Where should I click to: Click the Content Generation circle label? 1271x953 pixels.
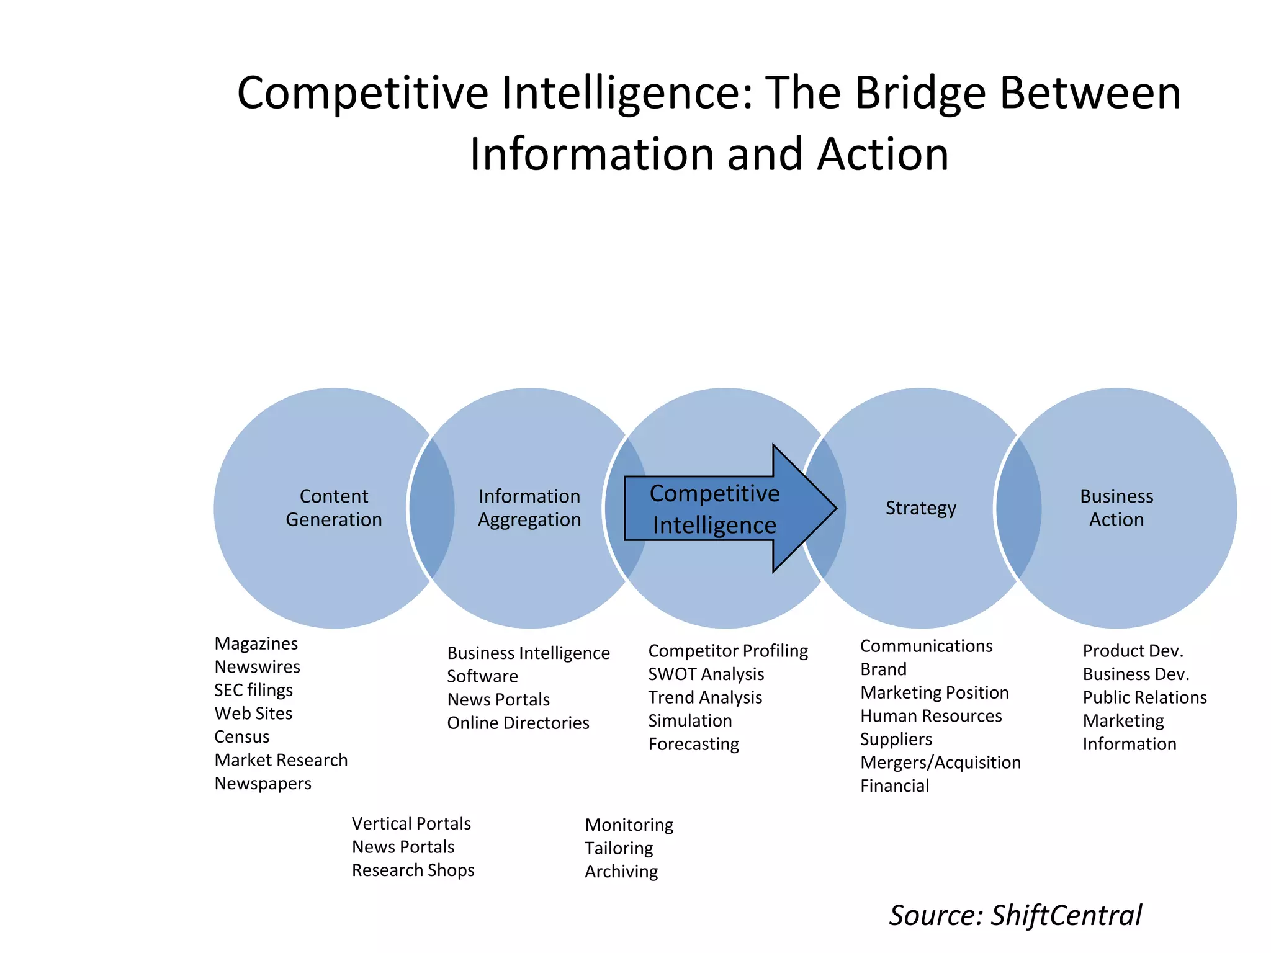[x=334, y=508]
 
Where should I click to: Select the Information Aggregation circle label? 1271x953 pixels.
[x=529, y=508]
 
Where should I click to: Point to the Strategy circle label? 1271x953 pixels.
[x=920, y=508]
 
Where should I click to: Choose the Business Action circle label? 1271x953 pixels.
[x=1116, y=508]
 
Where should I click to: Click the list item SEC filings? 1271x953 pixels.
[x=253, y=690]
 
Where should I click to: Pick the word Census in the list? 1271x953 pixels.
[x=242, y=736]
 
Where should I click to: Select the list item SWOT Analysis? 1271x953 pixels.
[x=706, y=674]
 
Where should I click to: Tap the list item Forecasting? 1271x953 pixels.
[x=693, y=744]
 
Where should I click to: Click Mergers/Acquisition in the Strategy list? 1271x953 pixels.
[x=940, y=762]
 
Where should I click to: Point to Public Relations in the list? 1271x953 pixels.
[x=1144, y=697]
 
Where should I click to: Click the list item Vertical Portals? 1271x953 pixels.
[x=411, y=823]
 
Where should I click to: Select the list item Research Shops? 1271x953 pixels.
[x=413, y=870]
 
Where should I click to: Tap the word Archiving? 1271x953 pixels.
[x=621, y=871]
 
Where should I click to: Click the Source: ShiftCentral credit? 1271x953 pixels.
[x=1015, y=915]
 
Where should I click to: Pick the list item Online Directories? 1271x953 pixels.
[x=518, y=723]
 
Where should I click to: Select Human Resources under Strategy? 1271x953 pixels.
[x=931, y=715]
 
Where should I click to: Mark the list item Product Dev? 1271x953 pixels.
[x=1133, y=651]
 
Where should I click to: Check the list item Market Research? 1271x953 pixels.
[x=281, y=760]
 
